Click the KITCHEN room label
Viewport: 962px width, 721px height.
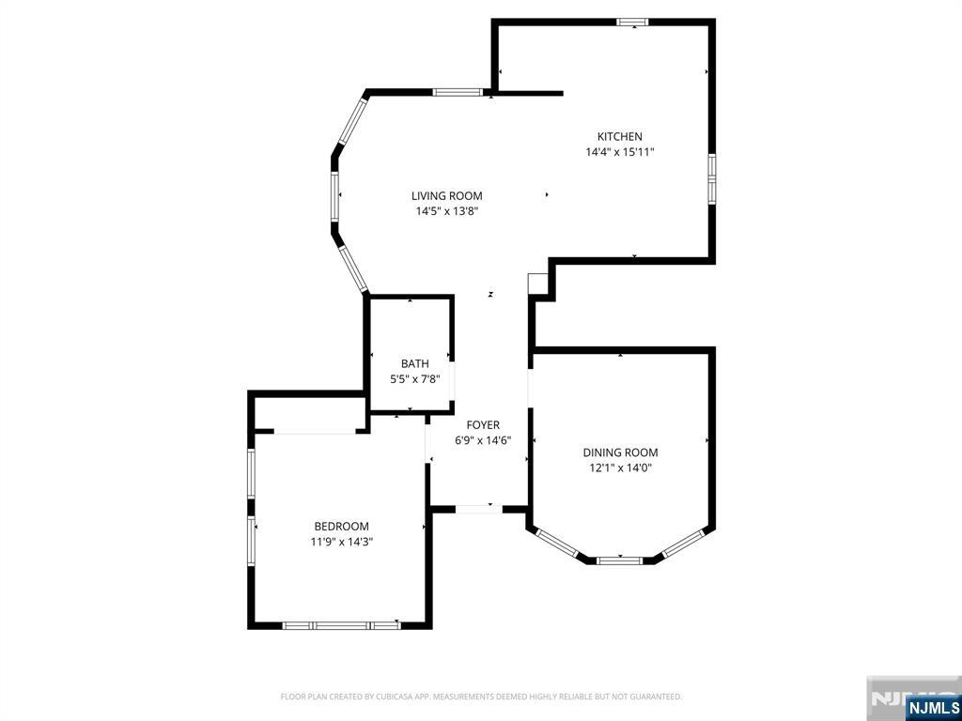620,137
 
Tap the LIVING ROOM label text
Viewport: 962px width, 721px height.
446,196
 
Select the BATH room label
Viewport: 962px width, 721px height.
415,364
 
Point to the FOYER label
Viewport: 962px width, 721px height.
483,425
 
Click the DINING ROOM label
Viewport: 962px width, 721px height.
620,453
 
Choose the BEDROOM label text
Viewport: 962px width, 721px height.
342,527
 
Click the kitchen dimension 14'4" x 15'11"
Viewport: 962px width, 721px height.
620,152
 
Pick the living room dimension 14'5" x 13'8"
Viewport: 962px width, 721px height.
446,211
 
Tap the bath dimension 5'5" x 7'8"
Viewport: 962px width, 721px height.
415,379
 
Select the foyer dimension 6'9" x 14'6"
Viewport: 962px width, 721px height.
483,440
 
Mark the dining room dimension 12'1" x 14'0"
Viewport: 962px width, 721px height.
620,468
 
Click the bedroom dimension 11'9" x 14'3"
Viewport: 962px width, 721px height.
342,542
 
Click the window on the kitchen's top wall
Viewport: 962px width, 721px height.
632,23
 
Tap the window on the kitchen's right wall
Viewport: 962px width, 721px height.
712,178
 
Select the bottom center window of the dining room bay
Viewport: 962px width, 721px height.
620,560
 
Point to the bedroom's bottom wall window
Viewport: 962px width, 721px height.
342,625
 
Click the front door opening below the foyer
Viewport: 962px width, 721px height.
478,509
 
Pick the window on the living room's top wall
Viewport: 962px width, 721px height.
457,93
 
